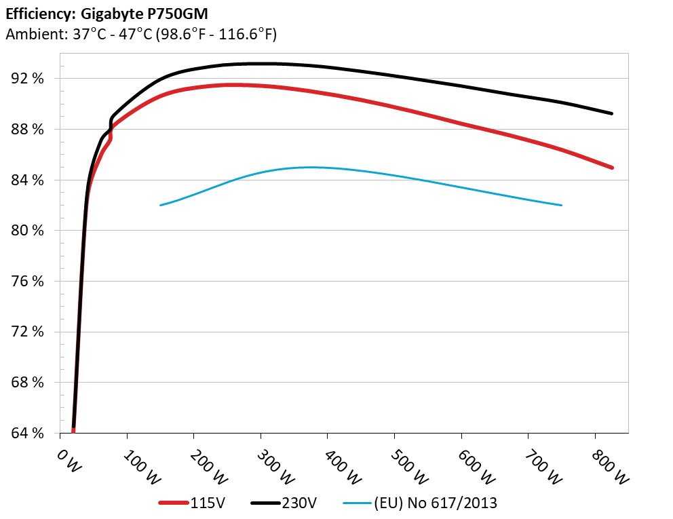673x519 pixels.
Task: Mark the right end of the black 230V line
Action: (x=612, y=113)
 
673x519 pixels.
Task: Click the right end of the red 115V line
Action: (x=612, y=168)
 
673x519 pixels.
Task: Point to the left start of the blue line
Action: (x=161, y=205)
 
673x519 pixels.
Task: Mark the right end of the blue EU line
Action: (x=562, y=205)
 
